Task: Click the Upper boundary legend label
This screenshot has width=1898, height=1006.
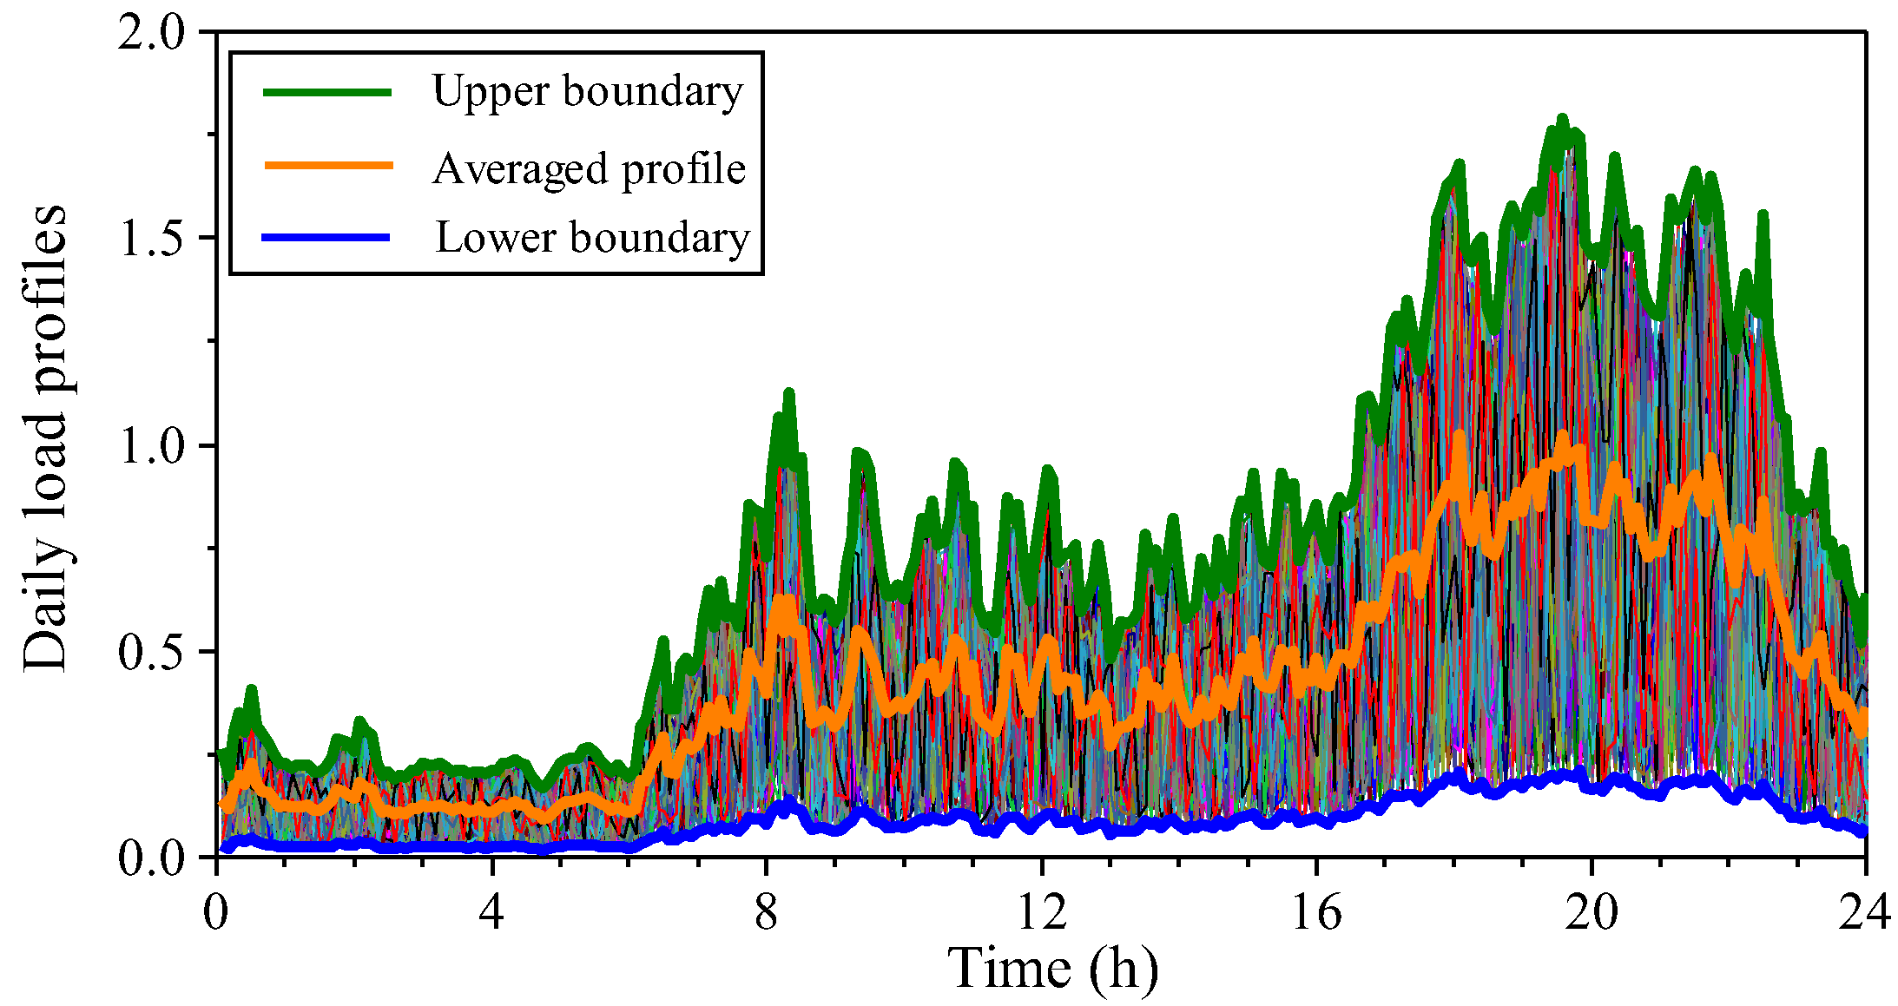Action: tap(587, 91)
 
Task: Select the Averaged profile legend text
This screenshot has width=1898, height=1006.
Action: tap(589, 168)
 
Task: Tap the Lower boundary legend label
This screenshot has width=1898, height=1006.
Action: tap(591, 237)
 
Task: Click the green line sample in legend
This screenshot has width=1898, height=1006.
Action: tap(328, 91)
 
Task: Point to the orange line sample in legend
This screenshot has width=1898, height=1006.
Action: tap(328, 164)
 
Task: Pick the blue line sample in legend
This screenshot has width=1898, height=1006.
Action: tap(326, 237)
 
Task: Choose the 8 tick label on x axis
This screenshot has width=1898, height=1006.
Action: tap(766, 911)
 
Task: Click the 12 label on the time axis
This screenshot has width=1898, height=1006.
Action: tap(1041, 911)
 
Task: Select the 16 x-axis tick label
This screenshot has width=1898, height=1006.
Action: tap(1316, 911)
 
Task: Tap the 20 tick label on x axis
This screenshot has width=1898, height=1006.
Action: tap(1592, 911)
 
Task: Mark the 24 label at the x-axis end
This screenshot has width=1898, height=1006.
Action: tap(1863, 911)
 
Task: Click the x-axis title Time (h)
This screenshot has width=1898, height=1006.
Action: tap(1052, 969)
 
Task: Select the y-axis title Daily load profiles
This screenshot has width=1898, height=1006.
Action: tap(45, 438)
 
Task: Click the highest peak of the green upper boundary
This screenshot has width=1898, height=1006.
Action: tap(1562, 119)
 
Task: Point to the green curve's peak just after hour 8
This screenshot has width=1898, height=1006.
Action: tap(789, 395)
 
